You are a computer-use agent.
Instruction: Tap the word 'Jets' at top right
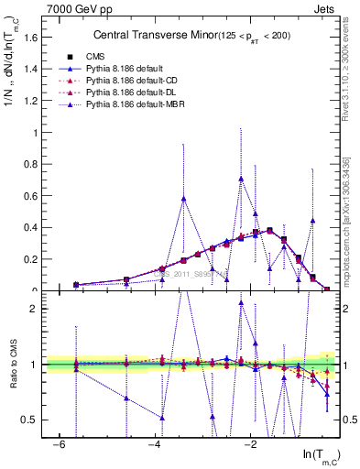[323, 8]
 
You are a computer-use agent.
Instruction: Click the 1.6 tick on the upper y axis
[35, 38]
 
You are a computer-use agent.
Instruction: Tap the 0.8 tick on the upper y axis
[35, 164]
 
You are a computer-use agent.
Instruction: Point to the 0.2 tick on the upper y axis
[35, 259]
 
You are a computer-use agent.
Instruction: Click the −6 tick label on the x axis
[59, 444]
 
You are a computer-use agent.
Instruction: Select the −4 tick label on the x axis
[155, 444]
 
